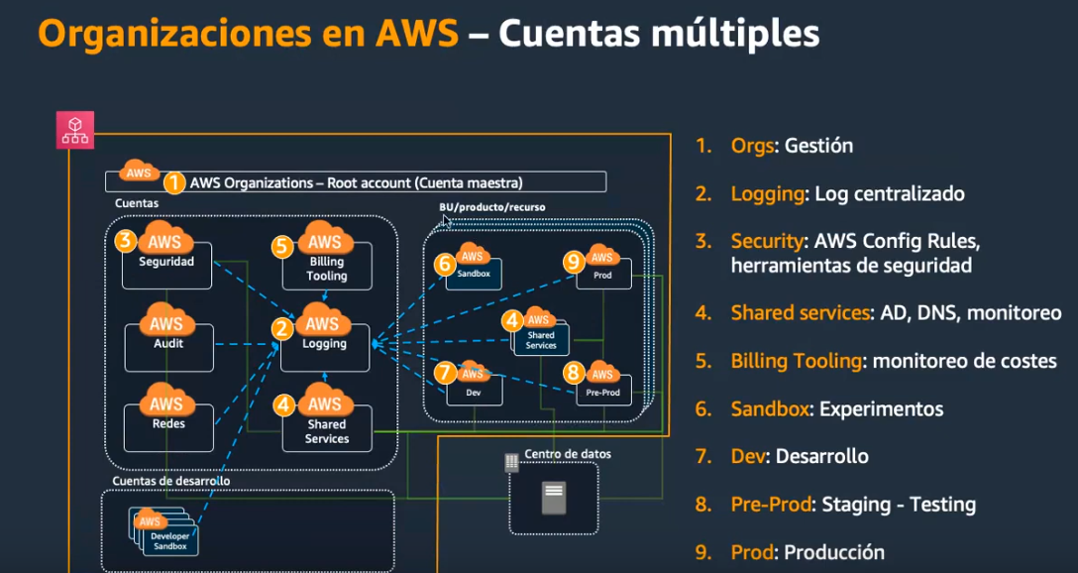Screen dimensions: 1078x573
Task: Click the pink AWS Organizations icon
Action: point(75,129)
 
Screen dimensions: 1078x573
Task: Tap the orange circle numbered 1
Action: point(174,183)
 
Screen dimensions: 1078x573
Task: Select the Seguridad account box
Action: point(166,265)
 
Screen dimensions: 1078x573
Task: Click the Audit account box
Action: point(169,347)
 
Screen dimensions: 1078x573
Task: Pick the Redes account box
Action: point(169,427)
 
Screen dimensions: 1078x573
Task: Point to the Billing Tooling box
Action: point(327,265)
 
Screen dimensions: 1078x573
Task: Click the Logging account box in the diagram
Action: point(325,347)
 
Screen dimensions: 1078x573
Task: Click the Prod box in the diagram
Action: point(603,274)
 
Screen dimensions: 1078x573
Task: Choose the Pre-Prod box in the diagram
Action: point(603,390)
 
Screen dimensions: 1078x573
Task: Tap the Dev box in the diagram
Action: point(475,390)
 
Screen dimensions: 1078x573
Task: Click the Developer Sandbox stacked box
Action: point(163,532)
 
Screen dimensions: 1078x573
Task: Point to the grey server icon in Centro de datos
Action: point(554,498)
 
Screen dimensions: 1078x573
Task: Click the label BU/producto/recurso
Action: point(492,206)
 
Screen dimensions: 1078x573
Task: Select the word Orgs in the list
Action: point(752,146)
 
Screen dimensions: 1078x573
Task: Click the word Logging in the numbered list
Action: point(767,194)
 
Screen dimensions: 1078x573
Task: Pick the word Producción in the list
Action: point(834,551)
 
